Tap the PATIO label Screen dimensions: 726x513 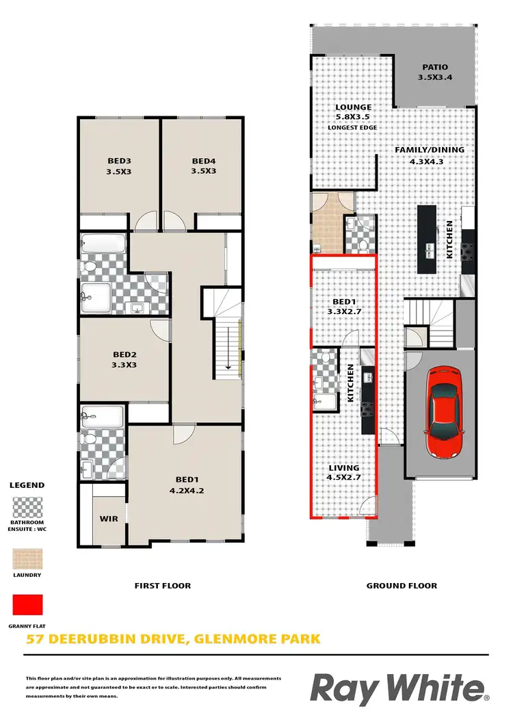click(x=435, y=67)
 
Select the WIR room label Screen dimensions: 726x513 click(x=109, y=519)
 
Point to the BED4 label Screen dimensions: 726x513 click(x=203, y=161)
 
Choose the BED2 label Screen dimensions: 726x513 click(x=124, y=354)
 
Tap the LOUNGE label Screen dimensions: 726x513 click(x=353, y=107)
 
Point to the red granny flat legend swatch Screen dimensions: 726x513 click(x=27, y=605)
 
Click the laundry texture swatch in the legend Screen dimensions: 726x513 click(x=27, y=559)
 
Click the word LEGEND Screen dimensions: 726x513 click(x=27, y=485)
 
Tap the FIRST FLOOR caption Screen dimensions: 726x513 click(x=162, y=586)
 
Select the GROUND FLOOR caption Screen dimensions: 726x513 click(x=402, y=586)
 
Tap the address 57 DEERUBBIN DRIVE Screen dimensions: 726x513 click(x=103, y=640)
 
